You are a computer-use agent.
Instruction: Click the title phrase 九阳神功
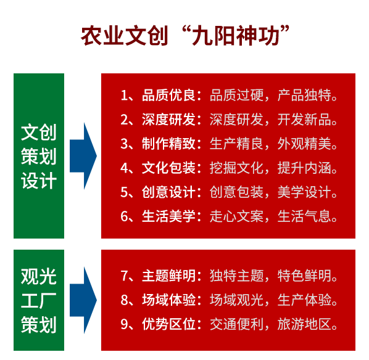point(236,36)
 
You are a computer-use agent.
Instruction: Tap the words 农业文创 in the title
point(125,36)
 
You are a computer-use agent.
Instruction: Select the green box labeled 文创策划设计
point(39,156)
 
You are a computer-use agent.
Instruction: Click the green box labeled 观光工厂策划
point(39,300)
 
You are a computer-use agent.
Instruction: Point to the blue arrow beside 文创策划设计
point(83,156)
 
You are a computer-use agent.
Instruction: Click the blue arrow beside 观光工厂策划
point(83,300)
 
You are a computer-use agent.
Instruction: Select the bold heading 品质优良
point(168,95)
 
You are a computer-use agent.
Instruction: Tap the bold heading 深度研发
point(168,120)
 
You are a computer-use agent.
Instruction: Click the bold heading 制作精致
point(168,144)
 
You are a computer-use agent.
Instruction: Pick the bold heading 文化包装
point(168,168)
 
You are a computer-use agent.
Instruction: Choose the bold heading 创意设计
point(168,192)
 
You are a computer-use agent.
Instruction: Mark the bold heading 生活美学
point(168,216)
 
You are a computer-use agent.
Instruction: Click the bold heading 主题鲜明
point(168,276)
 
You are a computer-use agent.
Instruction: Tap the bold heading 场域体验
point(168,300)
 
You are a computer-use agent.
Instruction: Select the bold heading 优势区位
point(168,324)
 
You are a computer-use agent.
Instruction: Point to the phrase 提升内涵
point(304,168)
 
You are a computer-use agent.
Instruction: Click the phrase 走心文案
point(236,216)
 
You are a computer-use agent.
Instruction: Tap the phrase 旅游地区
point(304,324)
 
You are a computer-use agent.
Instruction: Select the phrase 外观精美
point(304,144)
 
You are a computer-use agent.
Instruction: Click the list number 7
point(124,276)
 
